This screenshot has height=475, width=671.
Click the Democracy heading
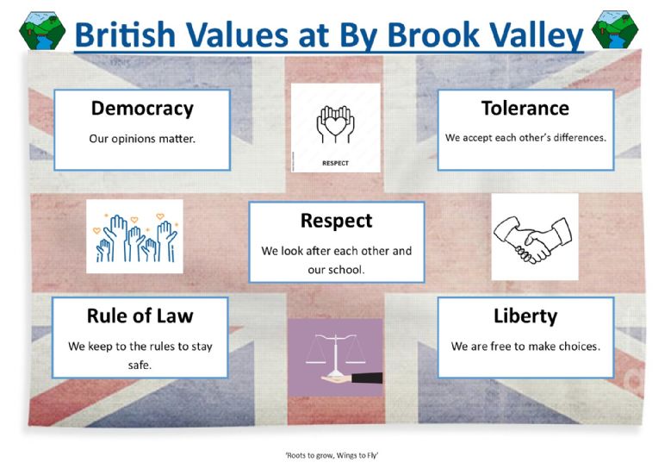pyautogui.click(x=142, y=109)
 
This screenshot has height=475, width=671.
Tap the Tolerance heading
pyautogui.click(x=525, y=108)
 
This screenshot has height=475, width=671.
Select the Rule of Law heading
pyautogui.click(x=140, y=316)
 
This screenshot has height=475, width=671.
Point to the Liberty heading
pyautogui.click(x=525, y=316)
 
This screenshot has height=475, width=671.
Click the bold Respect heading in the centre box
pyautogui.click(x=336, y=221)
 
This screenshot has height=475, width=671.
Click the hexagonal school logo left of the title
pyautogui.click(x=42, y=30)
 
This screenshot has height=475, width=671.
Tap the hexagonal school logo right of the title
pyautogui.click(x=615, y=29)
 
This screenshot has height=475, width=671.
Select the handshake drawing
pyautogui.click(x=533, y=238)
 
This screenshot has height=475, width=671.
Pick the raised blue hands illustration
pyautogui.click(x=135, y=237)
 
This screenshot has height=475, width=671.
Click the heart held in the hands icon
pyautogui.click(x=336, y=125)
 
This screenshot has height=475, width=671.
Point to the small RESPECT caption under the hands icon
pyautogui.click(x=336, y=163)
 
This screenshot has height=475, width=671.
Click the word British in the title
pyautogui.click(x=125, y=34)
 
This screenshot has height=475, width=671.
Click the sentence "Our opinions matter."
pyautogui.click(x=142, y=139)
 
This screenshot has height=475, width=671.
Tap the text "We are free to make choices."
pyautogui.click(x=525, y=346)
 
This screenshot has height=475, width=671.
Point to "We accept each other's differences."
pyautogui.click(x=525, y=137)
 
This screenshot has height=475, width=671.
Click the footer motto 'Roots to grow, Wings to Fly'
pyautogui.click(x=332, y=455)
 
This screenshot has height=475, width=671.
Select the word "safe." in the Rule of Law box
pyautogui.click(x=140, y=365)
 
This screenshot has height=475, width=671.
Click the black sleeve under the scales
pyautogui.click(x=367, y=378)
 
